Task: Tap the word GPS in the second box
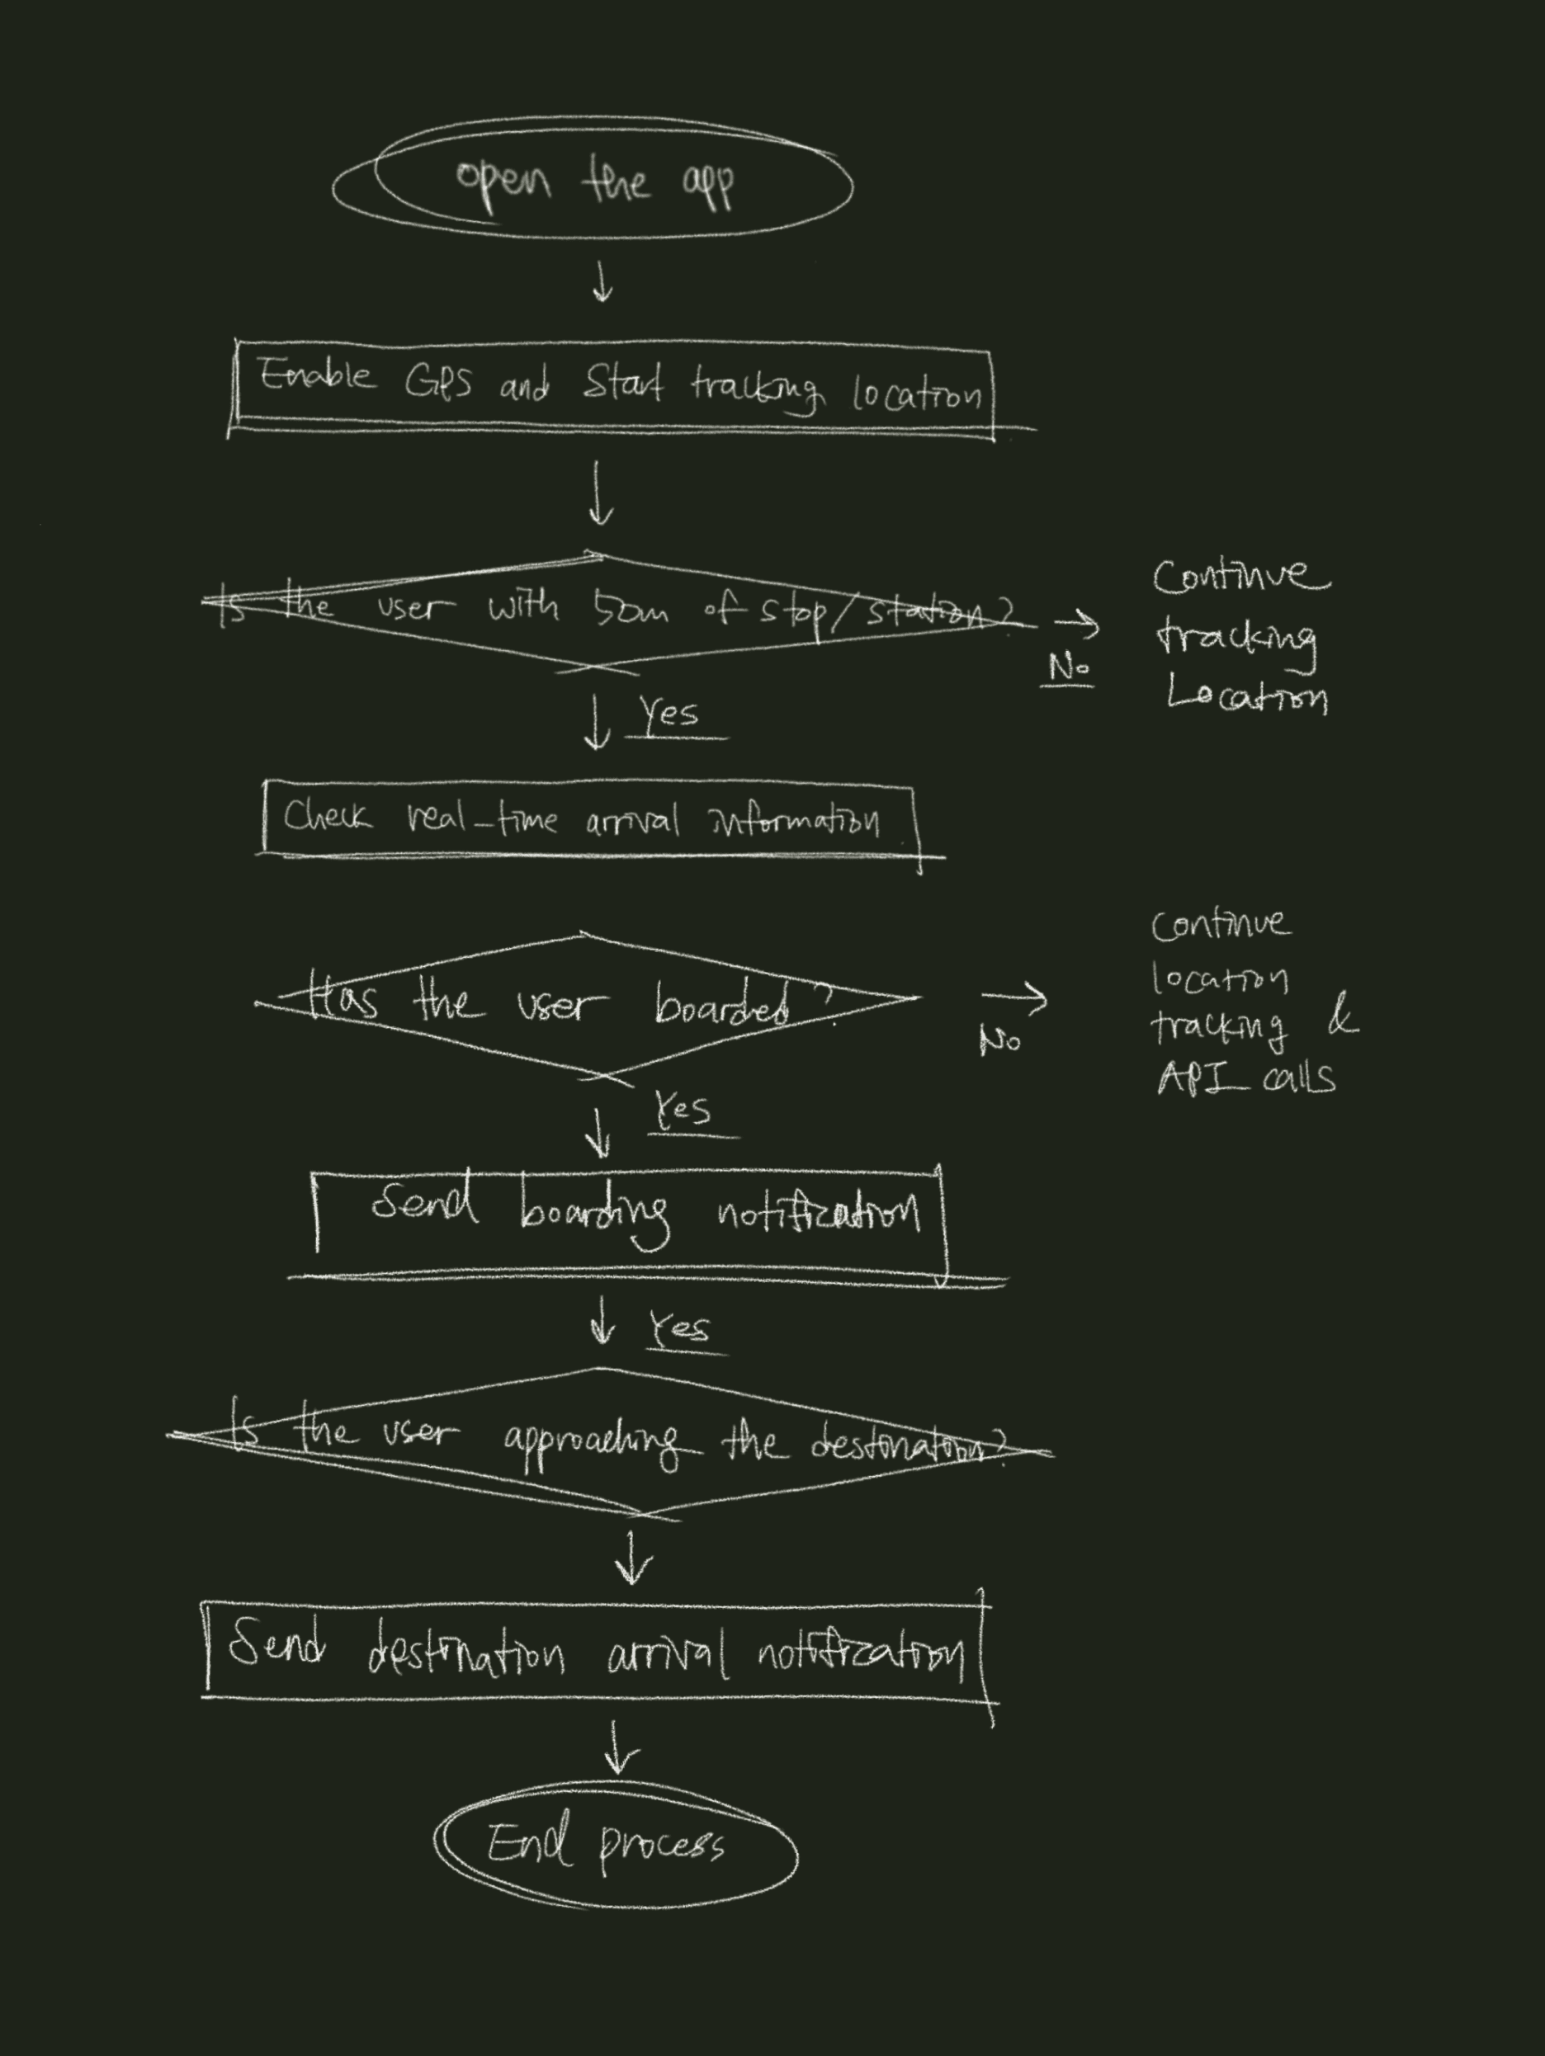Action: (x=438, y=382)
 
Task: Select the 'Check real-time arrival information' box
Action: (x=589, y=820)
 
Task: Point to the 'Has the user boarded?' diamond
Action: (x=588, y=1004)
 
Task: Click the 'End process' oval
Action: (x=615, y=1844)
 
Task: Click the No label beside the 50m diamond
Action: (x=1067, y=667)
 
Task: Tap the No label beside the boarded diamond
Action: (x=999, y=1040)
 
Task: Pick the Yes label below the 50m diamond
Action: (x=669, y=714)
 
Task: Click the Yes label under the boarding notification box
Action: (x=679, y=1328)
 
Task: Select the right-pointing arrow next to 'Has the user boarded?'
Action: (x=1014, y=998)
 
